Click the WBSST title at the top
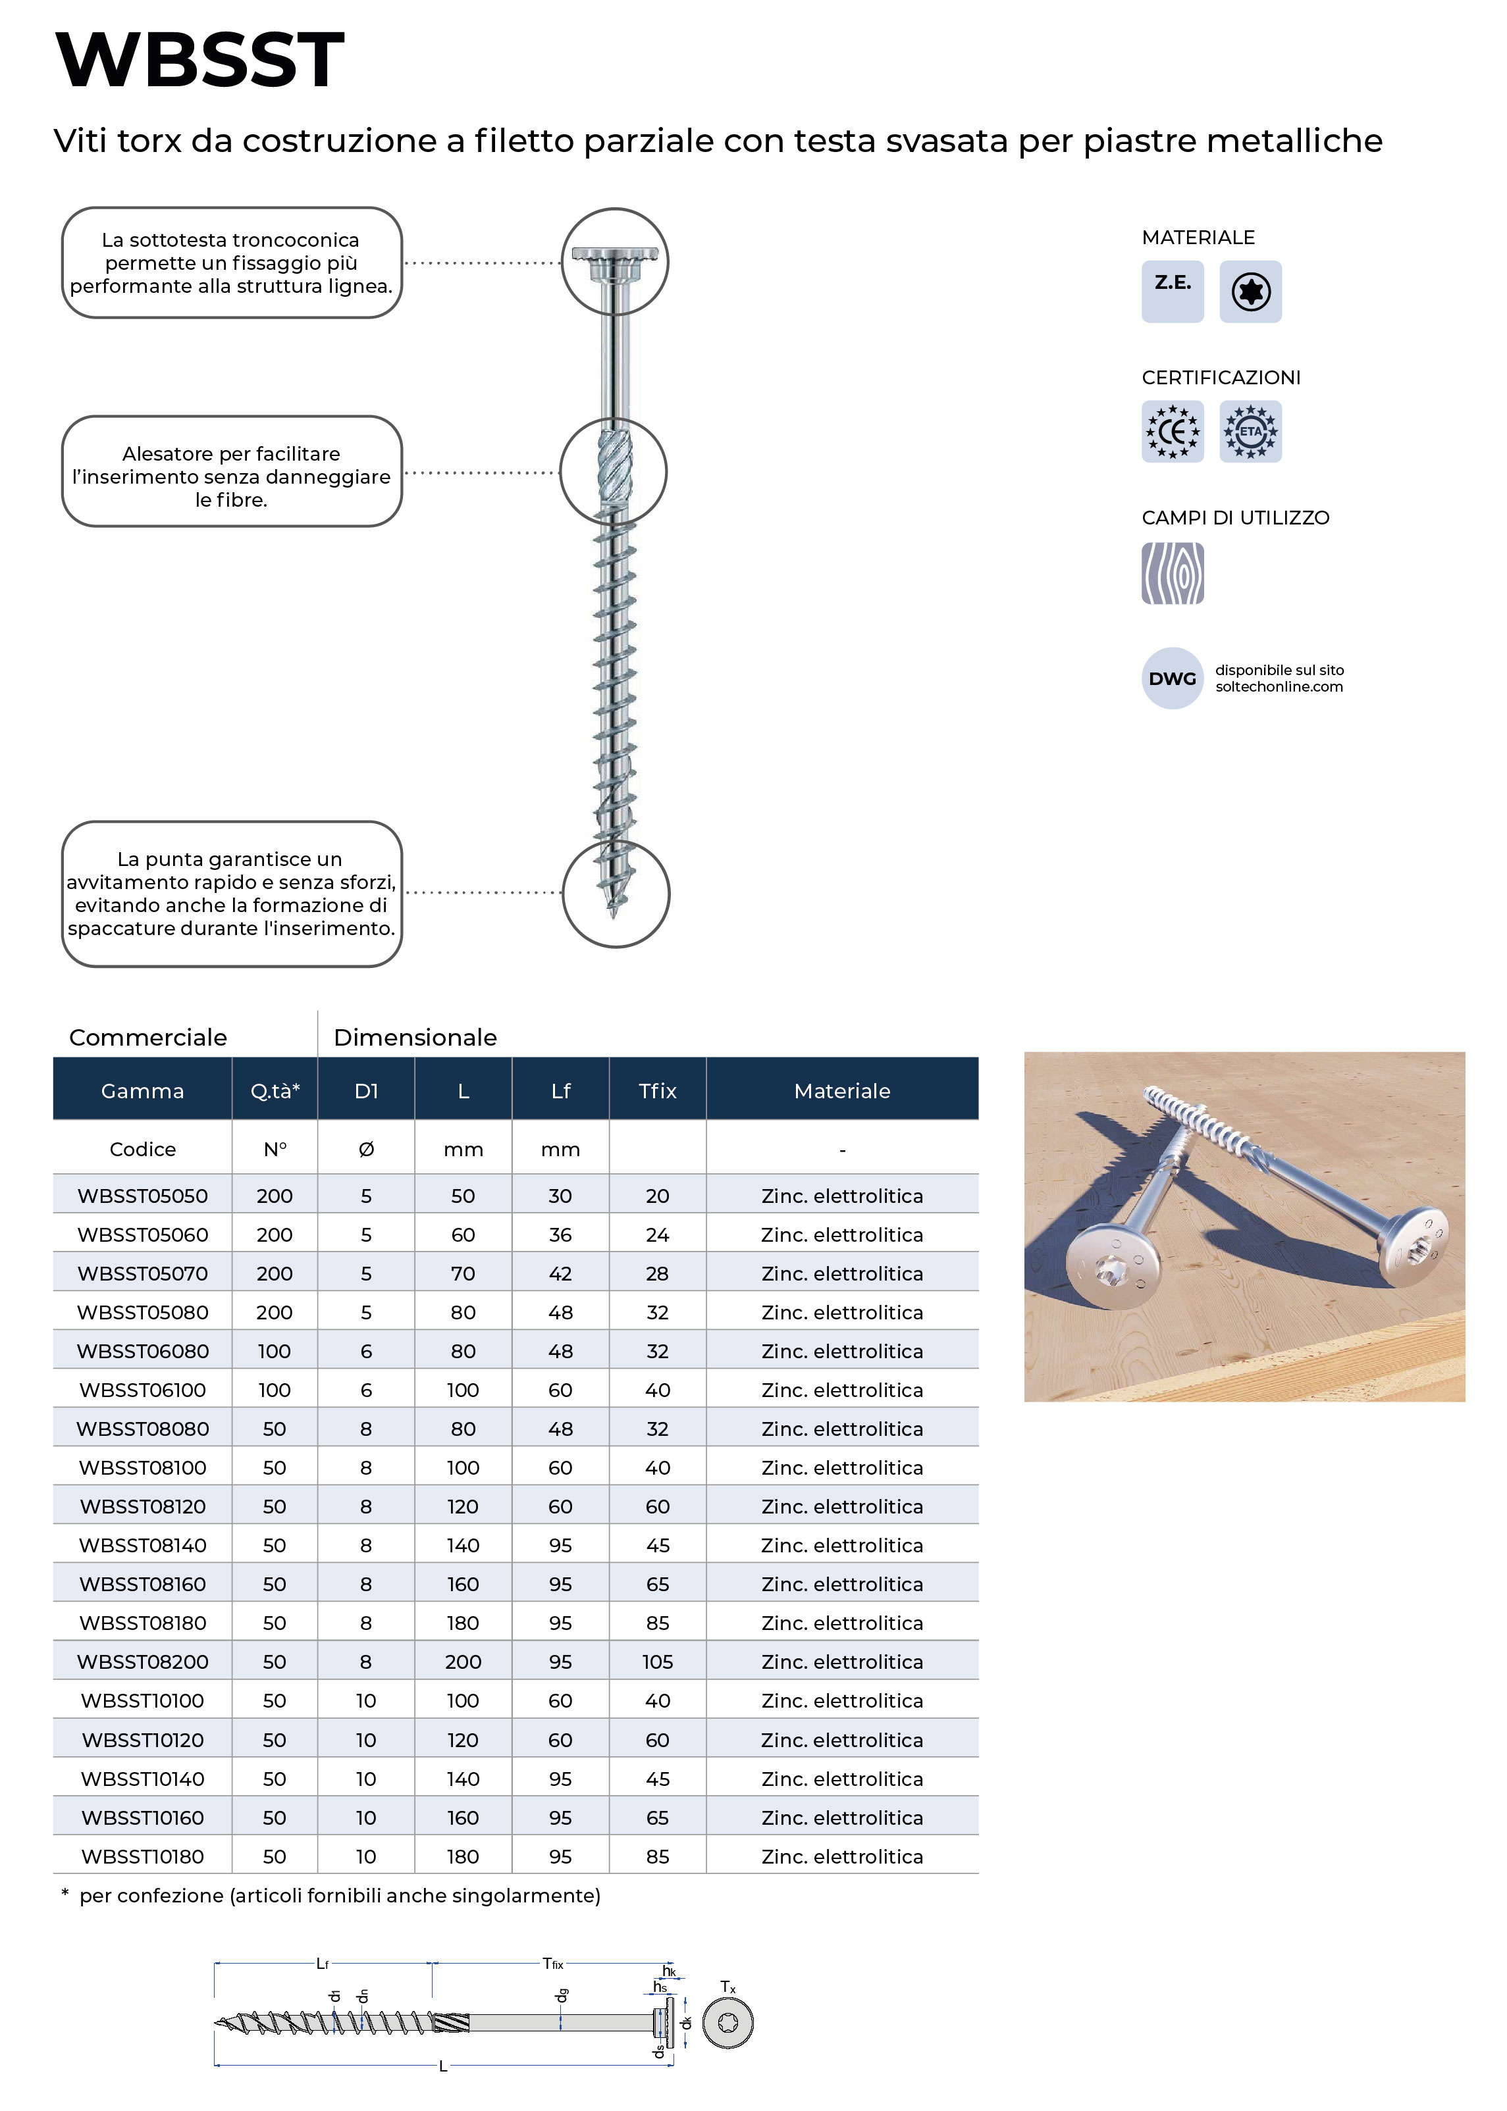199,61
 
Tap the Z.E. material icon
1172,292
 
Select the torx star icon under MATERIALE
1250,292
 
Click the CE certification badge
1172,431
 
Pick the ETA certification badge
1250,431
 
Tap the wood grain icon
1172,573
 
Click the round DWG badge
1172,678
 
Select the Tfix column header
657,1091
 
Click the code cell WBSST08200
143,1661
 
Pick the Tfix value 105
657,1661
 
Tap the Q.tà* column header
275,1091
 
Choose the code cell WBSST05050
143,1196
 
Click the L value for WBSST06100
463,1389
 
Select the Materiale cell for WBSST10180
841,1856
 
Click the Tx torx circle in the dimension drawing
727,2022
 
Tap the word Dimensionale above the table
415,1037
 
